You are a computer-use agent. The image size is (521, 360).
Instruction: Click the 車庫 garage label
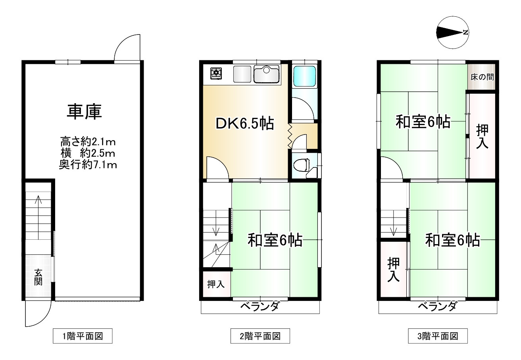(84, 112)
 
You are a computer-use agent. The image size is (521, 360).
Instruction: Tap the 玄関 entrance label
(38, 277)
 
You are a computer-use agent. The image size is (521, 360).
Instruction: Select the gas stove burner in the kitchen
(216, 73)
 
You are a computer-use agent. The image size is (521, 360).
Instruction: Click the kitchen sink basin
(266, 74)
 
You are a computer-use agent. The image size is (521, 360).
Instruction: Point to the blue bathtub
(304, 76)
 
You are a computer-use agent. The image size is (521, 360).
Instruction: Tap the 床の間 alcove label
(482, 77)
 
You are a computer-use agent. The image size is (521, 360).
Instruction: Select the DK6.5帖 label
(245, 123)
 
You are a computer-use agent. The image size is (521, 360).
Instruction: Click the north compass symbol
(452, 32)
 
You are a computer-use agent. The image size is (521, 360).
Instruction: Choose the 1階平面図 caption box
(83, 336)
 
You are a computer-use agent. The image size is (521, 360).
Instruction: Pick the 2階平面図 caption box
(260, 336)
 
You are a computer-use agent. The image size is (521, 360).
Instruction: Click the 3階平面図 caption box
(438, 336)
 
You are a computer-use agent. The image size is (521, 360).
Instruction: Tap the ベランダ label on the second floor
(260, 306)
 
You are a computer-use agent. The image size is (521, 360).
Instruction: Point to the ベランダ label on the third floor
(437, 306)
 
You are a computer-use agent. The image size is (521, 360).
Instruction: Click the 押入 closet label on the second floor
(216, 284)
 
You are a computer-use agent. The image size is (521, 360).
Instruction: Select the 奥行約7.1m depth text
(88, 165)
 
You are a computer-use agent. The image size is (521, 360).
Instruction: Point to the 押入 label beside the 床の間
(482, 137)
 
